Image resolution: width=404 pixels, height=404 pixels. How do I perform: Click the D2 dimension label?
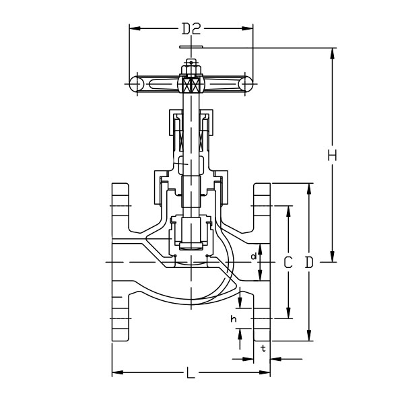(192, 29)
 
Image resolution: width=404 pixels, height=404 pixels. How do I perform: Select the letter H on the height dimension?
(332, 156)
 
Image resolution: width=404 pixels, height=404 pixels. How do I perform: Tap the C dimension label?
(288, 263)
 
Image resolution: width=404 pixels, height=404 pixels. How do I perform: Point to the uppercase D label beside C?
(309, 263)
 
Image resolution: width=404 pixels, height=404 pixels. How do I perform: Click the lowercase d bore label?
(253, 257)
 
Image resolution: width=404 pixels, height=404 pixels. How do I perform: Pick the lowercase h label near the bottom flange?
(234, 318)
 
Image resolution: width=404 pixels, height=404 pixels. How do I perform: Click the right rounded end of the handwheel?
(248, 84)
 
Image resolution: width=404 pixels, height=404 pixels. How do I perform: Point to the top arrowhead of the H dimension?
(332, 52)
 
